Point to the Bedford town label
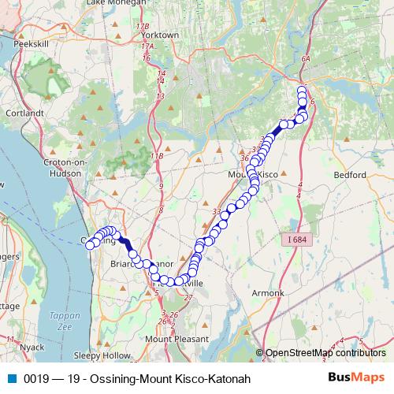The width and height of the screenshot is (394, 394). tap(350, 174)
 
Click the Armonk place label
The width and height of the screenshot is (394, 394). tap(268, 293)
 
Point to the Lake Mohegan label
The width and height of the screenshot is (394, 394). tap(115, 3)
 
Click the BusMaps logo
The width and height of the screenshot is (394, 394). tap(355, 378)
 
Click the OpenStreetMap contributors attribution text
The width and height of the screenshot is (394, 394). tap(325, 352)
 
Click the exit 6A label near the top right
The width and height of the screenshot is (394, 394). tap(307, 58)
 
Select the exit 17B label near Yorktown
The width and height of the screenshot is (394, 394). tap(143, 27)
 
